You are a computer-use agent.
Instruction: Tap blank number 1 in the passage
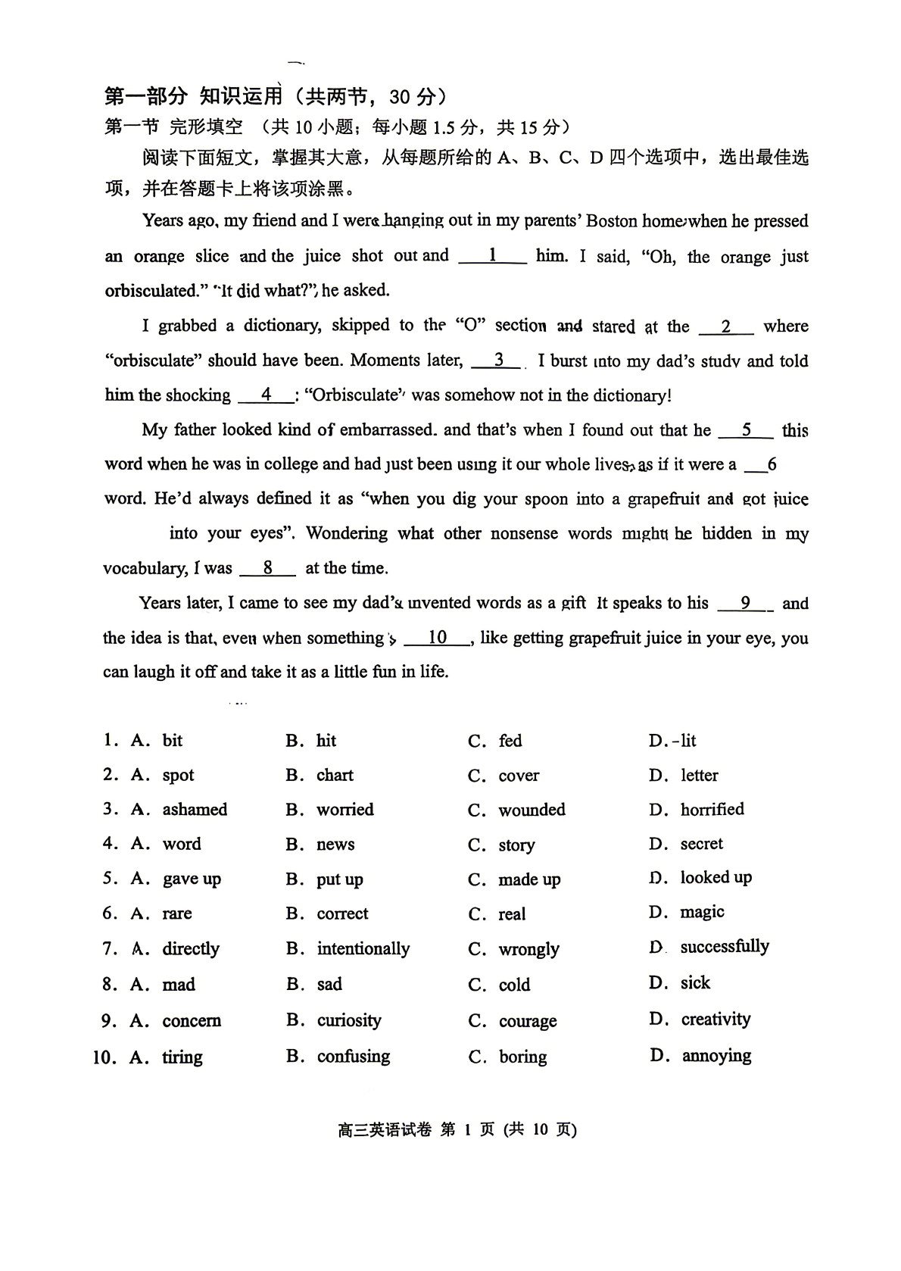coord(492,256)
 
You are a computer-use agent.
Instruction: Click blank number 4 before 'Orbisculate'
coord(266,395)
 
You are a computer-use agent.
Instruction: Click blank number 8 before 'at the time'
coord(267,568)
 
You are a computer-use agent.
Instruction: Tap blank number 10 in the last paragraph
coord(438,638)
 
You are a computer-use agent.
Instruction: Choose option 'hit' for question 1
coord(326,741)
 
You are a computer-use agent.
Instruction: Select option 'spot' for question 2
coord(178,776)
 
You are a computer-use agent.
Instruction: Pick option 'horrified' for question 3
coord(712,810)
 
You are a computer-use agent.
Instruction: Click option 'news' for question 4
coord(335,845)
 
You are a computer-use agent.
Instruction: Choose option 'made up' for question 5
coord(529,879)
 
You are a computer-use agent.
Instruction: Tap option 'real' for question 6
coord(512,914)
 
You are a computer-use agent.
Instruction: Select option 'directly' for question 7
coord(191,949)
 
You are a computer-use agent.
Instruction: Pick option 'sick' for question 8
coord(695,983)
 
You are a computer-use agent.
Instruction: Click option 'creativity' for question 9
coord(715,1020)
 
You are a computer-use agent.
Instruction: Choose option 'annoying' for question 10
coord(716,1056)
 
